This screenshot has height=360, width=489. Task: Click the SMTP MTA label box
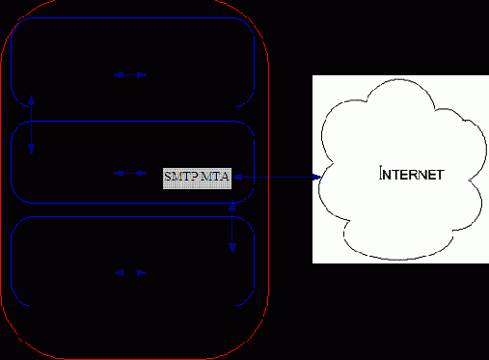pyautogui.click(x=197, y=177)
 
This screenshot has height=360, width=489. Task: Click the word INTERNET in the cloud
pyautogui.click(x=412, y=175)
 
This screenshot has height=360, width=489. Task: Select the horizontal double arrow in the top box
pyautogui.click(x=130, y=74)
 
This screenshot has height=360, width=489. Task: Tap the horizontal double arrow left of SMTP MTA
pyautogui.click(x=130, y=174)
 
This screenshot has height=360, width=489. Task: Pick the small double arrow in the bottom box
pyautogui.click(x=130, y=273)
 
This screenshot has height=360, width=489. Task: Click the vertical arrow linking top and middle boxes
pyautogui.click(x=32, y=124)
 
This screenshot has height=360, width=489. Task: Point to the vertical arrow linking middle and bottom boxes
pyautogui.click(x=232, y=227)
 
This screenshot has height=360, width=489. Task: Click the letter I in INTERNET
pyautogui.click(x=382, y=175)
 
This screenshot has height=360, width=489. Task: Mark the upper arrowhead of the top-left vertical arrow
pyautogui.click(x=32, y=97)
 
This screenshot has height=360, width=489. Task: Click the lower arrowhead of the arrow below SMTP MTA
pyautogui.click(x=232, y=248)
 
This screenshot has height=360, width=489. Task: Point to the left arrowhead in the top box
pyautogui.click(x=118, y=74)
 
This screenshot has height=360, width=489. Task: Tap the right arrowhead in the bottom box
pyautogui.click(x=142, y=273)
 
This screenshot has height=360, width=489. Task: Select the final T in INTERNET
pyautogui.click(x=439, y=175)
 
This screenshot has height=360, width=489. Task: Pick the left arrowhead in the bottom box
pyautogui.click(x=119, y=273)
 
